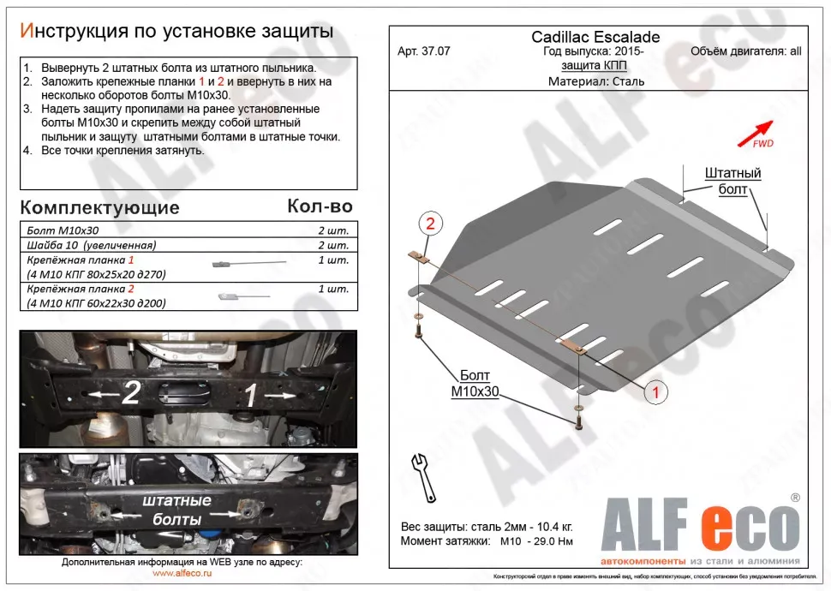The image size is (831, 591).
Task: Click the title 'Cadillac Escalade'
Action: point(595,37)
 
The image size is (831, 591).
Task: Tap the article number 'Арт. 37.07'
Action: point(424,51)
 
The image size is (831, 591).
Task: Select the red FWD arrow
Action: point(756,132)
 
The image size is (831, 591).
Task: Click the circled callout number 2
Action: point(430,224)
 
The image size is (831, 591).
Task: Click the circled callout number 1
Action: point(655,393)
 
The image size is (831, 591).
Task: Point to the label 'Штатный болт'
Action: point(732,181)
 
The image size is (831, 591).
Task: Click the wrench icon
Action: point(424,477)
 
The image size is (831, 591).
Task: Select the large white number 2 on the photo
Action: point(130,394)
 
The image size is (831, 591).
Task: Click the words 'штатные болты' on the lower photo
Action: point(176,509)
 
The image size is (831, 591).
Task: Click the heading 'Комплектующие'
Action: point(99,207)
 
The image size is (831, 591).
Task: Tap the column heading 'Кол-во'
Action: point(320,206)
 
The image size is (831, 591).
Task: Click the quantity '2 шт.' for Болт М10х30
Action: point(332,230)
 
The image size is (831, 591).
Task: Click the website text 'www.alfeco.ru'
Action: point(182,574)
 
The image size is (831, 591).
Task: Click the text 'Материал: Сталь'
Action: point(595,82)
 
